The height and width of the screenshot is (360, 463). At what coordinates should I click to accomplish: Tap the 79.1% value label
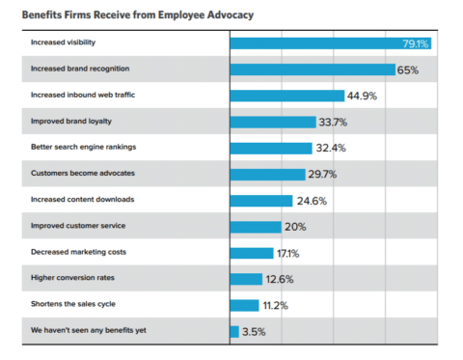(416, 43)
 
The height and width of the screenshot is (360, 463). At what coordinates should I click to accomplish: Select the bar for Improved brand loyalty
(272, 122)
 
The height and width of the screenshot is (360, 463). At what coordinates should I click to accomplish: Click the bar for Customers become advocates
(266, 174)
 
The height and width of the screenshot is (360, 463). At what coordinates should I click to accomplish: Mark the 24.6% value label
(309, 201)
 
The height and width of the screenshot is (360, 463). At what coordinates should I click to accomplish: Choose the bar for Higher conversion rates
(245, 279)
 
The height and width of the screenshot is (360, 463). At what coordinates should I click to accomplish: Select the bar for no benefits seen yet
(234, 331)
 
